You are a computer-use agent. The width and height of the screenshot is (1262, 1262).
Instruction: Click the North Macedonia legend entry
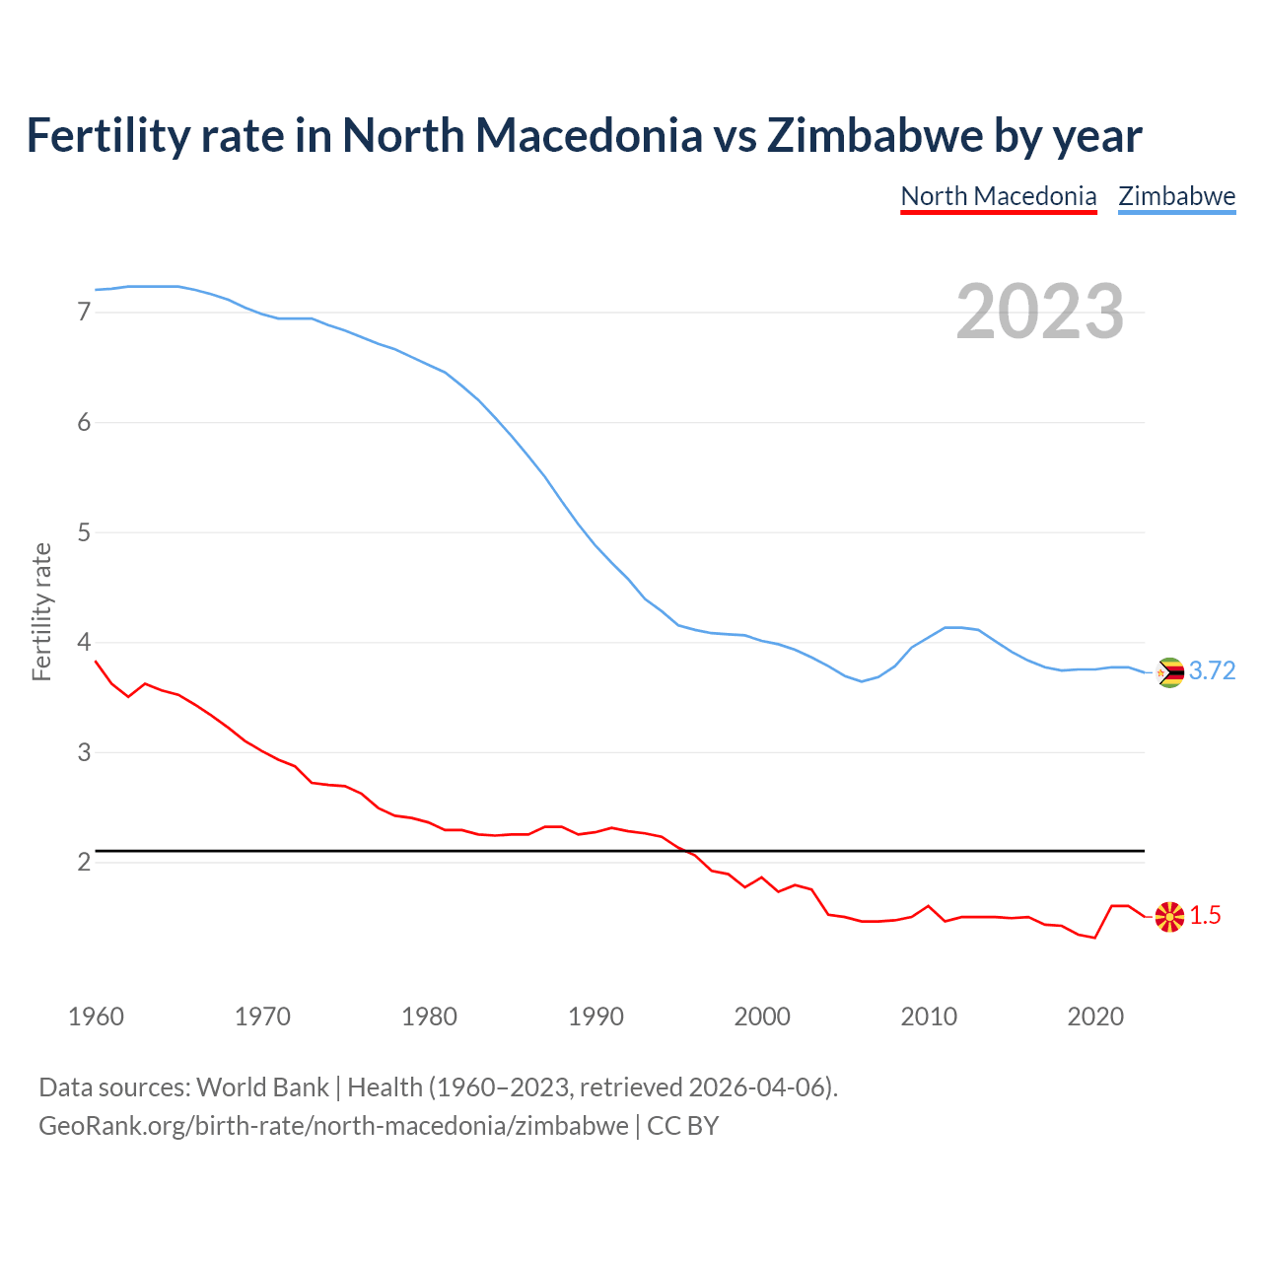(998, 196)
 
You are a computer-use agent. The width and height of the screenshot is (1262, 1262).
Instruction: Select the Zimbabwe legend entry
(1176, 196)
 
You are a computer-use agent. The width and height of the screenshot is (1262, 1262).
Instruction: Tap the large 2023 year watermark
(1039, 312)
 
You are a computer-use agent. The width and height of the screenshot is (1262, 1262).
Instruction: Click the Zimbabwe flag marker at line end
(1169, 672)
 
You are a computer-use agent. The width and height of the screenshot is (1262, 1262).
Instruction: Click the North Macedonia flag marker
(1169, 917)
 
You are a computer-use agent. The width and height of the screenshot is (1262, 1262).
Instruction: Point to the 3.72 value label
(1212, 671)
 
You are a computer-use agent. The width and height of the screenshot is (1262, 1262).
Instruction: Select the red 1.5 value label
(1205, 916)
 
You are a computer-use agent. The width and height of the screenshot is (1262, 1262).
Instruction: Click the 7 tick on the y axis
(84, 313)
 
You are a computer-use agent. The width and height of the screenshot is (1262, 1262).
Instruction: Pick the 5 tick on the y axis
(84, 533)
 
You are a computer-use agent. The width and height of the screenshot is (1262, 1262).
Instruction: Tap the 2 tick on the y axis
(84, 863)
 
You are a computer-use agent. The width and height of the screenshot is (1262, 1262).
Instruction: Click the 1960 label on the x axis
(96, 1017)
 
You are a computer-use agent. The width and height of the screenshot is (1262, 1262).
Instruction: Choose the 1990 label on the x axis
(596, 1017)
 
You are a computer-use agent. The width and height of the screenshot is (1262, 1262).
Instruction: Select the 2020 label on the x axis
(1095, 1017)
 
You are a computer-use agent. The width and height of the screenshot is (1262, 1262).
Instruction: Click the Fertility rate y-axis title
(41, 611)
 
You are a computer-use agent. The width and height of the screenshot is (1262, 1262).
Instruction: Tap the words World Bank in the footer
(262, 1087)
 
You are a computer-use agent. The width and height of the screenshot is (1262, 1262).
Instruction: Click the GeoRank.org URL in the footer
(333, 1126)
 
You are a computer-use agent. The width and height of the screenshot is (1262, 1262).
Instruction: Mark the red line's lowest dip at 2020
(1094, 938)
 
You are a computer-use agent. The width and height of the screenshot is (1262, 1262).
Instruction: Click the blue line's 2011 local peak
(946, 627)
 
